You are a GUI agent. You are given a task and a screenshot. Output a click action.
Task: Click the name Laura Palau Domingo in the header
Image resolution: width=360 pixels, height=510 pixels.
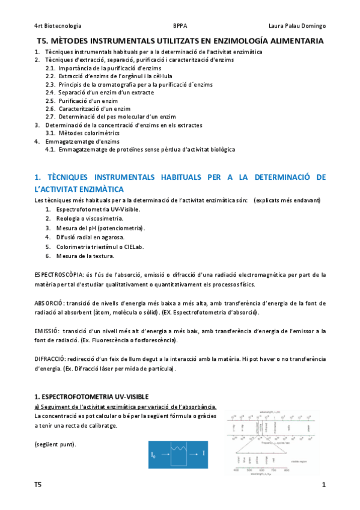297,26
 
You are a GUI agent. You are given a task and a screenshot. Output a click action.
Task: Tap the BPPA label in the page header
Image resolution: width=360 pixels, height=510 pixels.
180,26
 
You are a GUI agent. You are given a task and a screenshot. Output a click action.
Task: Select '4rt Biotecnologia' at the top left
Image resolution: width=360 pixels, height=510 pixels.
58,26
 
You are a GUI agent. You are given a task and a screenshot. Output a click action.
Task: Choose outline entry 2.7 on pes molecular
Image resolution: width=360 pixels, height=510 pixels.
111,117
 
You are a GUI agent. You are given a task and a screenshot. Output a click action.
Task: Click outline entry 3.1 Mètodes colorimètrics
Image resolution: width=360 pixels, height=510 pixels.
82,133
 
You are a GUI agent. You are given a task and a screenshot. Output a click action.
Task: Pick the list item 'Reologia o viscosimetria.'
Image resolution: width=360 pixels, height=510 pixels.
90,218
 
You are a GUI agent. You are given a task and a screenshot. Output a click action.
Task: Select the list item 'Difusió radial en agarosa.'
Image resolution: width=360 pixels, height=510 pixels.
90,237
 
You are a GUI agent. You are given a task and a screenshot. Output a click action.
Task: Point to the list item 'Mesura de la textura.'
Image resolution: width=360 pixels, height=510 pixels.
85,256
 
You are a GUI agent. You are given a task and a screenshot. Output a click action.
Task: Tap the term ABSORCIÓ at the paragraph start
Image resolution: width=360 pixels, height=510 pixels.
49,303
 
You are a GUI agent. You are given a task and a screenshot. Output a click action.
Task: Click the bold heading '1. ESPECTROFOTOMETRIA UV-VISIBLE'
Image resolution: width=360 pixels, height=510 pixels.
87,397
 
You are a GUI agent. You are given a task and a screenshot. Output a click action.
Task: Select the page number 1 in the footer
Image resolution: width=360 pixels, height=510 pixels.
323,485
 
